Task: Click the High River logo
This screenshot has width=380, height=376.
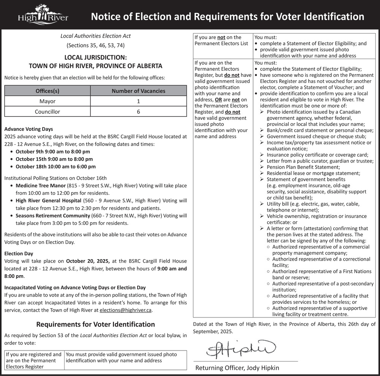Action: pos(43,15)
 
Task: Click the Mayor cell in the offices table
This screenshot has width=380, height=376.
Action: pos(47,101)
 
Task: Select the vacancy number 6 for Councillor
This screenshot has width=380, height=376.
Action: pos(138,112)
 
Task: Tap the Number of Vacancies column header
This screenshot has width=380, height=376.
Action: pos(138,91)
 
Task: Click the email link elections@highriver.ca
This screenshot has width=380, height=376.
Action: pos(125,310)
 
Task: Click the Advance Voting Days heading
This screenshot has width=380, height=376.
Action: pos(28,129)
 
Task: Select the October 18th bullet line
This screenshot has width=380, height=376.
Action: pos(55,166)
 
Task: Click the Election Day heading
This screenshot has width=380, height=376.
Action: pos(19,253)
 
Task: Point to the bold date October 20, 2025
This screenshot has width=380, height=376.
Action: pos(88,261)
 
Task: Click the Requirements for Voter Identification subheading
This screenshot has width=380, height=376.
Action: pos(95,324)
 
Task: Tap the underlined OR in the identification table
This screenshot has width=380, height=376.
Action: pos(218,100)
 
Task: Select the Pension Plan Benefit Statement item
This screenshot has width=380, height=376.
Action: pos(298,167)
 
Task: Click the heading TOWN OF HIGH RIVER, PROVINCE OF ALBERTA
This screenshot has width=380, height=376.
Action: pos(95,66)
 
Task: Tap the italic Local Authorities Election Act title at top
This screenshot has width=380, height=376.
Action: pos(95,36)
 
